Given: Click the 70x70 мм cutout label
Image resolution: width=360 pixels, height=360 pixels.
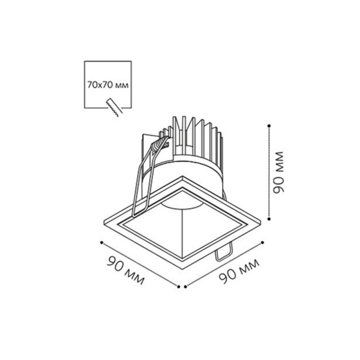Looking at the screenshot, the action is point(107,85).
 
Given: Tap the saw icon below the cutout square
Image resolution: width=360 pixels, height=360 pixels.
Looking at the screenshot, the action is point(115,107).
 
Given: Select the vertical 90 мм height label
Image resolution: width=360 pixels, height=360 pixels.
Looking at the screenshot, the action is point(279,172).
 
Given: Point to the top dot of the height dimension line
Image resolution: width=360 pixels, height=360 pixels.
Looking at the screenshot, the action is point(269,126).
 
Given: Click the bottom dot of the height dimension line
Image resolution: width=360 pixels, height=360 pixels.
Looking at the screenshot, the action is point(269,219).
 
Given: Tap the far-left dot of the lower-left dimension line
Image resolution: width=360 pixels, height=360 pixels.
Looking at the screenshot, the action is point(101,242).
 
